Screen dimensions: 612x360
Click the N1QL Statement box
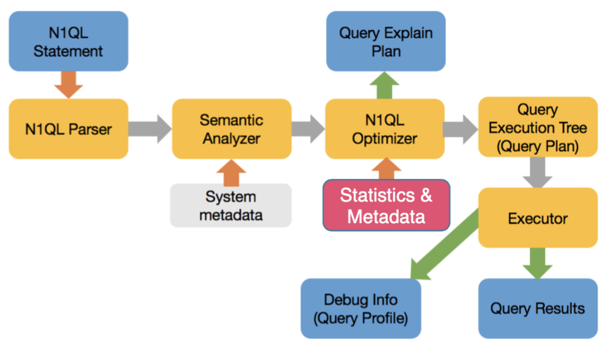point(68,41)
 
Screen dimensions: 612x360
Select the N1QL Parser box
point(68,128)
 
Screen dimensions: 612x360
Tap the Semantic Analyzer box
point(232,128)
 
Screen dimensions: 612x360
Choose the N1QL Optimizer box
point(385,128)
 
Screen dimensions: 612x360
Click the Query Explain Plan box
point(386,41)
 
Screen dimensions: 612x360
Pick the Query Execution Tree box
point(538,127)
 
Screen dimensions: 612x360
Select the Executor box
point(538,217)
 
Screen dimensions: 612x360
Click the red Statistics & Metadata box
point(386,205)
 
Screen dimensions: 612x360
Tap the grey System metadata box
point(231,205)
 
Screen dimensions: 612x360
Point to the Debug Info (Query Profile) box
point(361,308)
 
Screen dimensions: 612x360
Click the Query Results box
point(538,308)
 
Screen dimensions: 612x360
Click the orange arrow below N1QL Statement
point(68,85)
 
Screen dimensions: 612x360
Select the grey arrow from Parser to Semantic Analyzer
point(150,128)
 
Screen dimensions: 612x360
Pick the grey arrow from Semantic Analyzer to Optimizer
point(308,128)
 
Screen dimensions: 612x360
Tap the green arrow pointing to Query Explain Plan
point(385,85)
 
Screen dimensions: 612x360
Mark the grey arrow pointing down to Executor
point(538,172)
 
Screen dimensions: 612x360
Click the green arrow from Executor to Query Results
point(538,264)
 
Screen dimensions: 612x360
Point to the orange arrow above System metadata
point(232,172)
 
